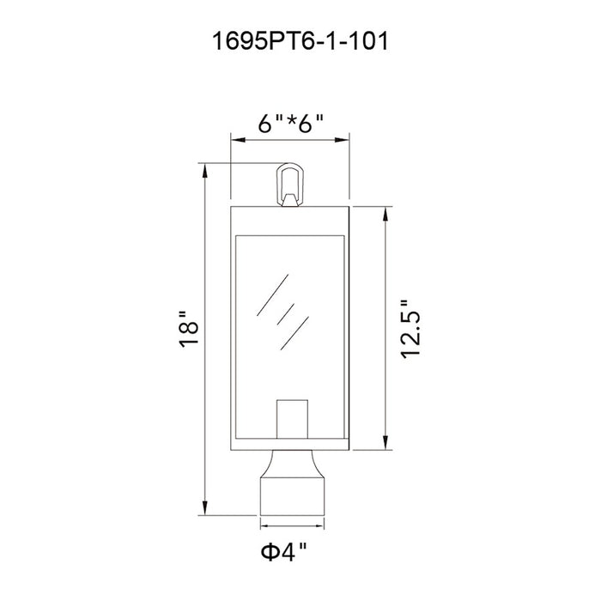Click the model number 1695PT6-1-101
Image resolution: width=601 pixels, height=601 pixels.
click(x=300, y=41)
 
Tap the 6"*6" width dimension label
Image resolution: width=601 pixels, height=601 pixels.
click(x=290, y=124)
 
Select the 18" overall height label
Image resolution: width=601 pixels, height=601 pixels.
click(x=189, y=329)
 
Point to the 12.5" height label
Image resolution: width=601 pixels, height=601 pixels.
click(x=410, y=329)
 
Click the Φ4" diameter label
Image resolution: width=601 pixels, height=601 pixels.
click(x=284, y=551)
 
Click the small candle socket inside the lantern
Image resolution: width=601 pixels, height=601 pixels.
click(x=292, y=419)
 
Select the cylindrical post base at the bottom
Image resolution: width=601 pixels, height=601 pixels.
click(x=293, y=497)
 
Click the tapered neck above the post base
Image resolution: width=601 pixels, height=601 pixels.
click(x=293, y=464)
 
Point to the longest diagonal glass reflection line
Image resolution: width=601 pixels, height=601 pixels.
click(x=272, y=295)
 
